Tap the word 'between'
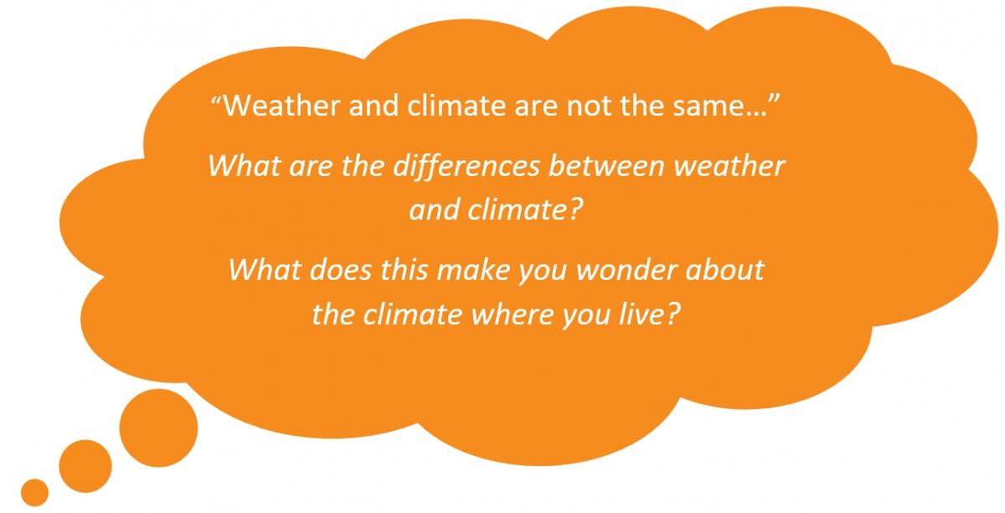pyautogui.click(x=606, y=166)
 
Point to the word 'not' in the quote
pyautogui.click(x=589, y=106)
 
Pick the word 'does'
pyautogui.click(x=340, y=270)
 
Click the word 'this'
pyautogui.click(x=404, y=270)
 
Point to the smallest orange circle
pyautogui.click(x=34, y=492)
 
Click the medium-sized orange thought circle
pyautogui.click(x=85, y=466)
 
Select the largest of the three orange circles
pyautogui.click(x=158, y=427)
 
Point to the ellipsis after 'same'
pyautogui.click(x=755, y=114)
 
